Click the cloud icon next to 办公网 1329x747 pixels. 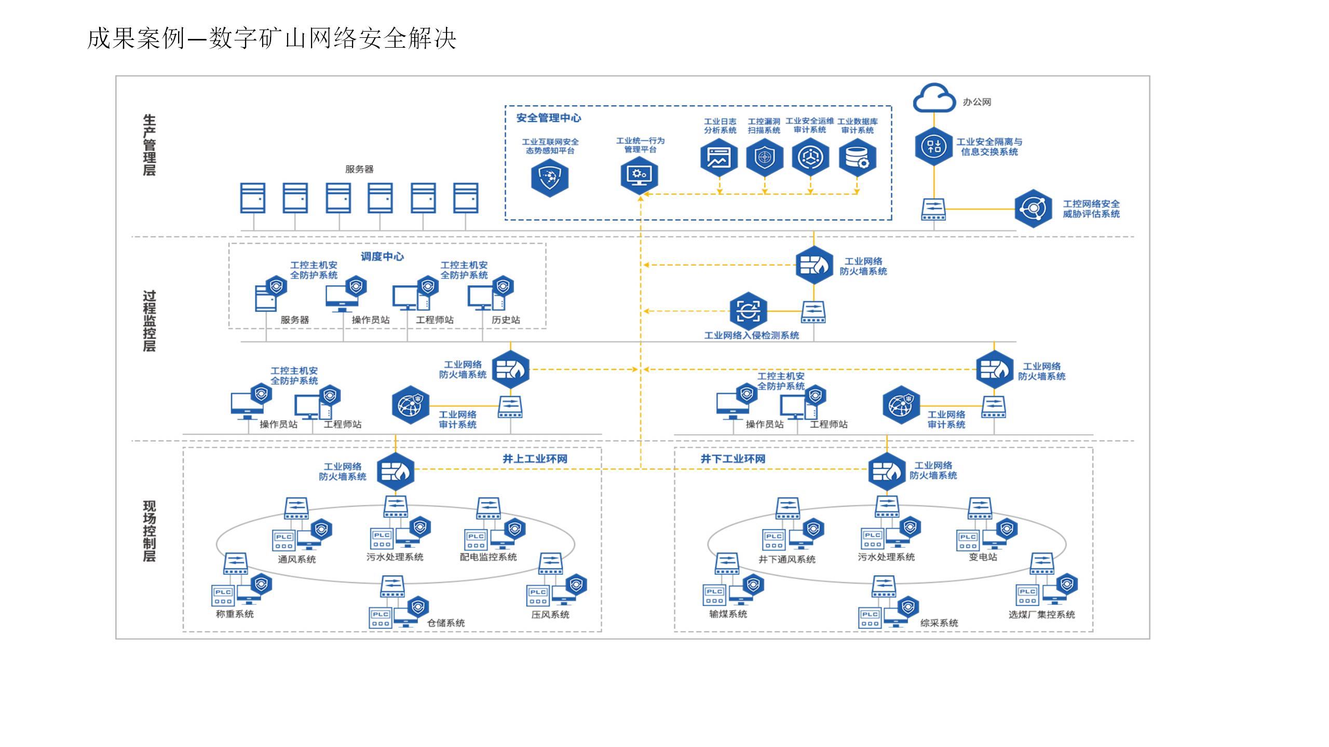pyautogui.click(x=934, y=98)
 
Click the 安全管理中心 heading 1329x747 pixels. pyautogui.click(x=548, y=118)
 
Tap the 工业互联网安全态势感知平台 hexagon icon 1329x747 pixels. pyautogui.click(x=550, y=178)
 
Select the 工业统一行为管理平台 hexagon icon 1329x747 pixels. pyautogui.click(x=640, y=175)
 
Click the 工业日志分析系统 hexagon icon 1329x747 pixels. pyautogui.click(x=719, y=157)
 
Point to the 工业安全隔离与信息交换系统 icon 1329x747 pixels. pyautogui.click(x=934, y=146)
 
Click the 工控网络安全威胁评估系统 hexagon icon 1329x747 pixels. pyautogui.click(x=1033, y=209)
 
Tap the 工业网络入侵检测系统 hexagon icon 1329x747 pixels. pyautogui.click(x=748, y=311)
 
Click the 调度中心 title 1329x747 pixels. pyautogui.click(x=382, y=256)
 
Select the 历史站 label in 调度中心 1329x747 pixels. pyautogui.click(x=506, y=320)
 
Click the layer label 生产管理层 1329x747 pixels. pyautogui.click(x=149, y=145)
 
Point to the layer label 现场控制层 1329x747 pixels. pyautogui.click(x=149, y=531)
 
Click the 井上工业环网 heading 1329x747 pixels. pyautogui.click(x=535, y=459)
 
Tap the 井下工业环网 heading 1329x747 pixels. pyautogui.click(x=733, y=459)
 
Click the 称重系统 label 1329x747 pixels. pyautogui.click(x=235, y=614)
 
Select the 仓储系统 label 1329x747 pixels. pyautogui.click(x=445, y=623)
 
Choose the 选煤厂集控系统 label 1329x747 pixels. pyautogui.click(x=1041, y=615)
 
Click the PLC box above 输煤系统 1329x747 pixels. pyautogui.click(x=714, y=595)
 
